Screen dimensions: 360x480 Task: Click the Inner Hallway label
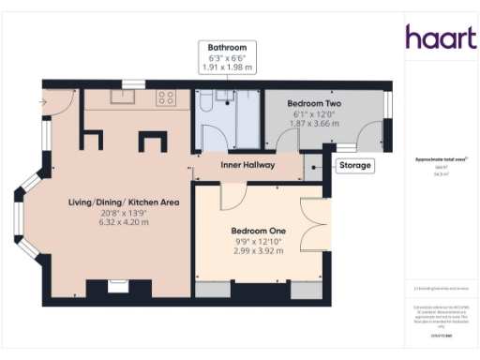point(247,166)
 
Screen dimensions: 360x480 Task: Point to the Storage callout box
point(355,166)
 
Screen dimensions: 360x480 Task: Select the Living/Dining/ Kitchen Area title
point(124,202)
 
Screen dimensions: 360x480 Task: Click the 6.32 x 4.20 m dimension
point(124,223)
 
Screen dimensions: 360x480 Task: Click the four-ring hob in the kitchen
point(167,96)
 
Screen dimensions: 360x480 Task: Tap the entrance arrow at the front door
point(43,100)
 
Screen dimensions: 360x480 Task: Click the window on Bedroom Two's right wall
point(387,105)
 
